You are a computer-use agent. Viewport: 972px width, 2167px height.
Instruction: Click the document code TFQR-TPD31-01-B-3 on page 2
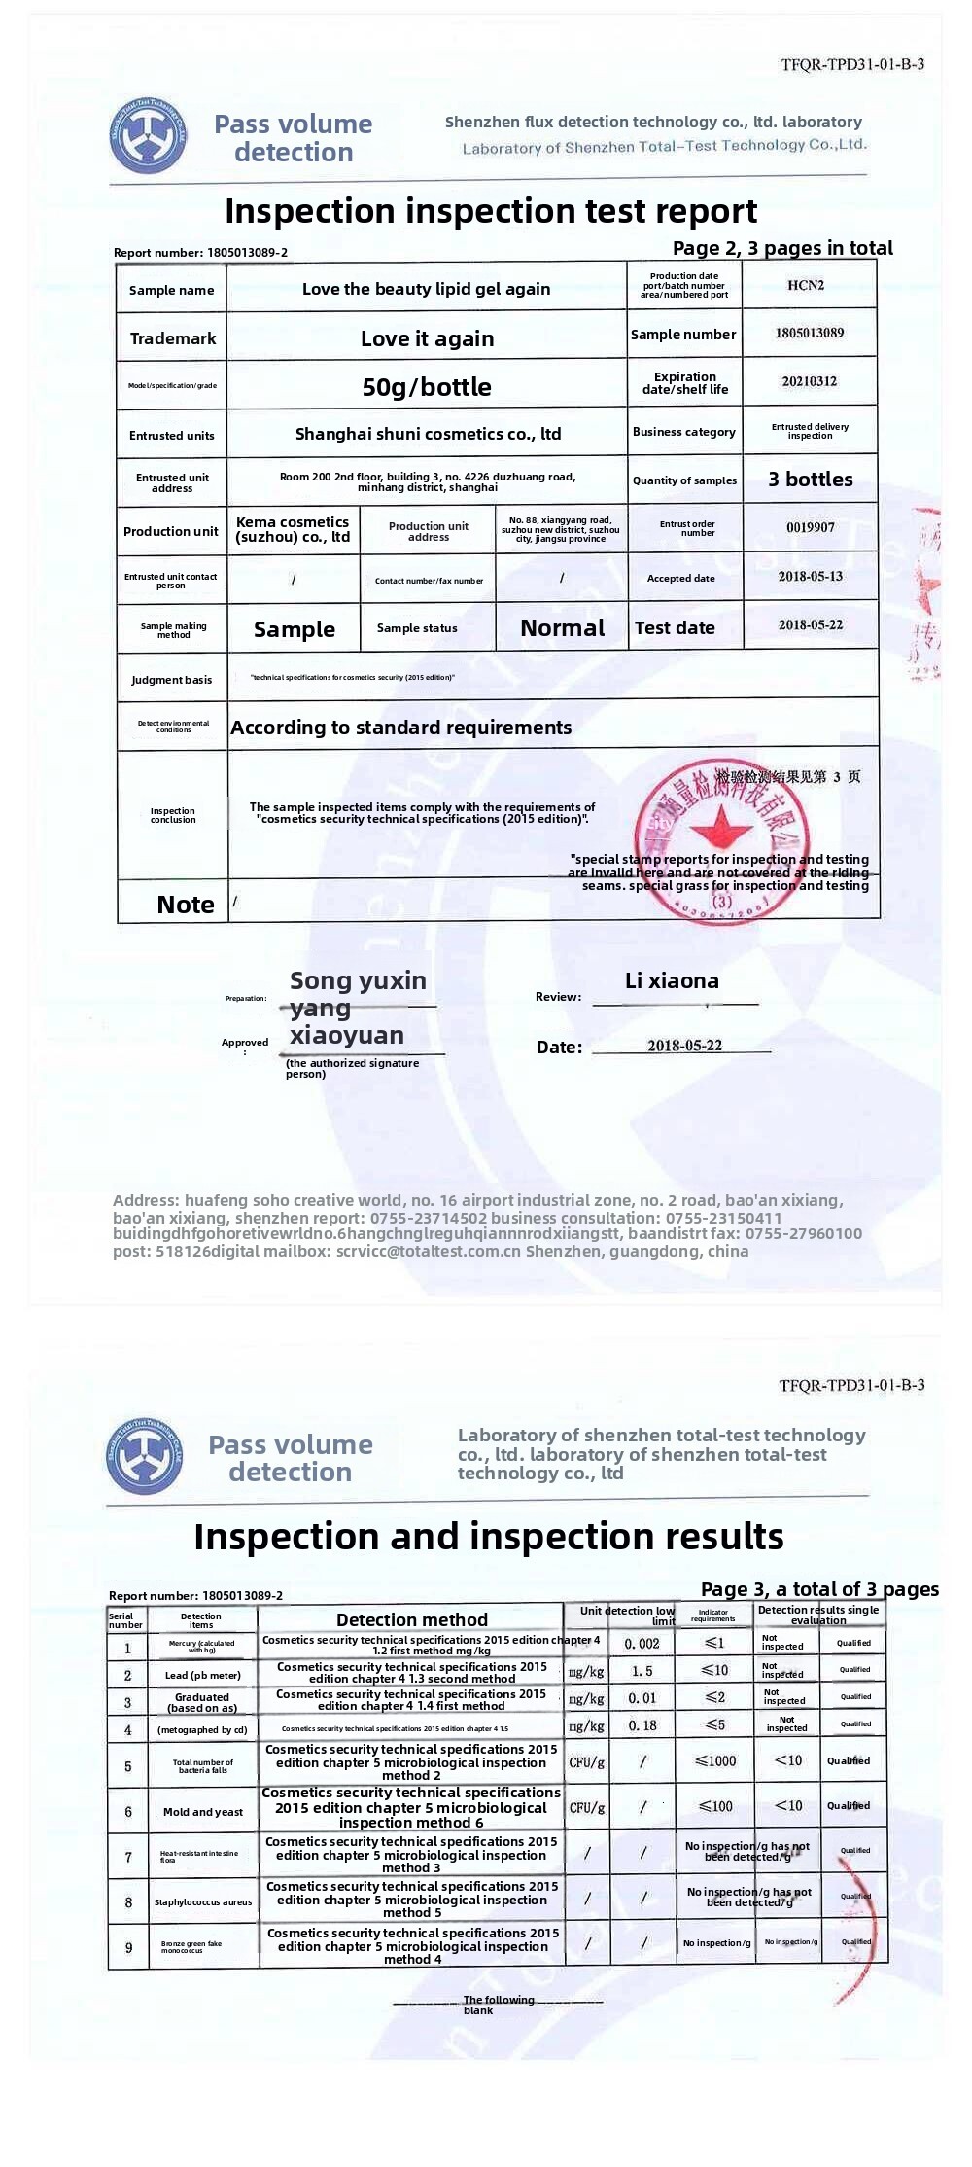851,65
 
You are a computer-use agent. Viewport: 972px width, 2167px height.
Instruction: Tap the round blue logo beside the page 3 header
144,1456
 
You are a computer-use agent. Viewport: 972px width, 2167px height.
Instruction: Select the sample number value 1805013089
809,333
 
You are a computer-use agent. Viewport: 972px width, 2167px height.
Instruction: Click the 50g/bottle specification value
427,387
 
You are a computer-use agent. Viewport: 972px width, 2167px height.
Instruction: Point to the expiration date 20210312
809,381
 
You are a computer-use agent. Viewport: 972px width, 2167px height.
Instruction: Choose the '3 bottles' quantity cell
810,480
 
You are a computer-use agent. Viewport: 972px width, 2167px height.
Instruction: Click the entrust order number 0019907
810,527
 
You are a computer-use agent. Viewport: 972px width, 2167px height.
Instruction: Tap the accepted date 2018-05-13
810,576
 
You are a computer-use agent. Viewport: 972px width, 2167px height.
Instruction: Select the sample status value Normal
562,628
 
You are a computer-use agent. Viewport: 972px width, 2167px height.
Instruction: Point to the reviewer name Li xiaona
672,980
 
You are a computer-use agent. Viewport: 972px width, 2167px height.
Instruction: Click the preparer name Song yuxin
358,980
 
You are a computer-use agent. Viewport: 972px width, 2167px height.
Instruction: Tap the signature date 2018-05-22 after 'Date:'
684,1046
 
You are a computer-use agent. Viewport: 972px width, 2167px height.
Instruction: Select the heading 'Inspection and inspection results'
488,1537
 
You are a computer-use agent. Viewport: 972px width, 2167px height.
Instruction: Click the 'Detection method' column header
411,1619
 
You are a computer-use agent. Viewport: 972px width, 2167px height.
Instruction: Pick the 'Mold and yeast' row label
202,1812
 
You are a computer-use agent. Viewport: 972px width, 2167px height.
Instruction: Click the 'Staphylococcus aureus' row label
202,1901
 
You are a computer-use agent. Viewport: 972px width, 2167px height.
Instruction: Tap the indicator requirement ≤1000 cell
715,1760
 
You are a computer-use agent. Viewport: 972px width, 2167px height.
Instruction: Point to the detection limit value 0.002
642,1644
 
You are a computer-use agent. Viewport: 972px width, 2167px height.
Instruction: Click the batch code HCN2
805,285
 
